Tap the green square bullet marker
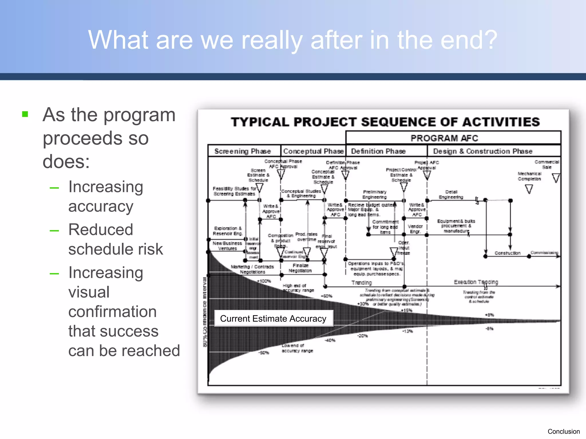pos(25,114)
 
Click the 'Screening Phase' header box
pos(243,151)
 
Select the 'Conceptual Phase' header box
pos(313,151)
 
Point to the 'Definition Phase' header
pos(378,151)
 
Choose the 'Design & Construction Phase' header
pos(483,151)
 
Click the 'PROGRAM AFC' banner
pos(444,138)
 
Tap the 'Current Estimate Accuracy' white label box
pos(273,318)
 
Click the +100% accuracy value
pos(264,281)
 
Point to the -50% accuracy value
pos(264,353)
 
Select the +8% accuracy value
pos(489,315)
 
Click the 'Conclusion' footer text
pos(563,431)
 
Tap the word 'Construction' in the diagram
pos(507,253)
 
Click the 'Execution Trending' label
pos(476,282)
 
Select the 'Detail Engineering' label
pos(451,194)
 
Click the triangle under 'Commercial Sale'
pos(556,178)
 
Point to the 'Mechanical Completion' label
pos(529,176)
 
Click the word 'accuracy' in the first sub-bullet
pos(101,206)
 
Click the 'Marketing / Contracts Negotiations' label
pos(252,269)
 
